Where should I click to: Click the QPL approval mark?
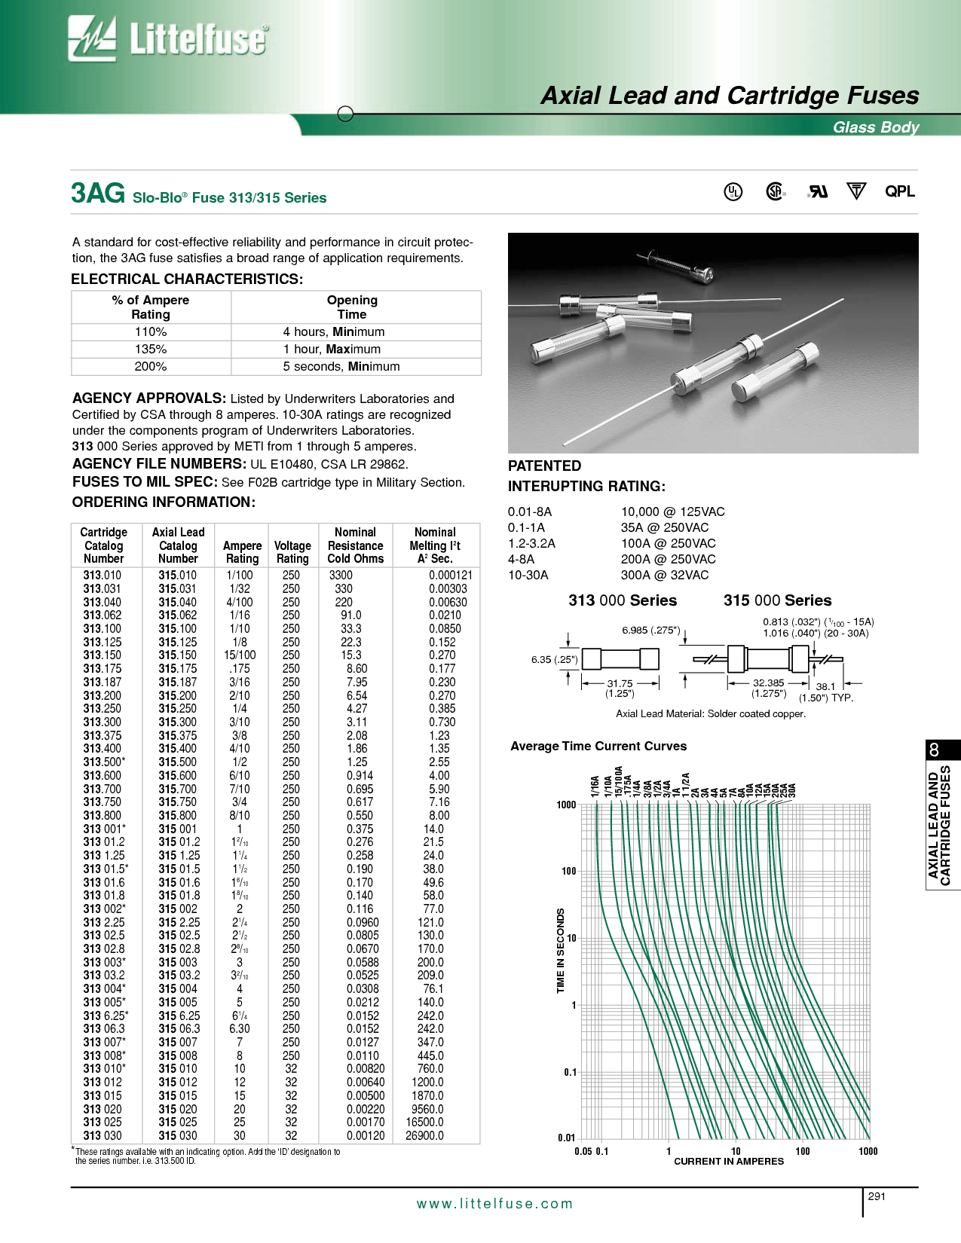click(899, 191)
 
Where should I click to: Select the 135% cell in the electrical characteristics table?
click(151, 350)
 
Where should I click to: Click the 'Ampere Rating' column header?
click(242, 552)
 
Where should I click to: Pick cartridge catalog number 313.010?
click(103, 576)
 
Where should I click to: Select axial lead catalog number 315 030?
click(178, 1136)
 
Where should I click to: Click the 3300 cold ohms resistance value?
click(341, 576)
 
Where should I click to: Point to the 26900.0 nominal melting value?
click(424, 1136)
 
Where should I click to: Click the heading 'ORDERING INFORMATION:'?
click(164, 502)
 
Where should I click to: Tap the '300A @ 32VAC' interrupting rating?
click(664, 576)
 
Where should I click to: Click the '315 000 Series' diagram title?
click(777, 600)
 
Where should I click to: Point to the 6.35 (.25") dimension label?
click(554, 660)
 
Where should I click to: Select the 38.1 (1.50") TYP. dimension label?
click(826, 692)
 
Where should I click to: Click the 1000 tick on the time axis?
click(566, 805)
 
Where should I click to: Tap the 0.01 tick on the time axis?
click(566, 1138)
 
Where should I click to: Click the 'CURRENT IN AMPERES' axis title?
click(728, 1162)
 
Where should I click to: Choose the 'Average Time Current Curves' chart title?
click(598, 747)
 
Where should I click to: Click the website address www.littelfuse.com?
click(494, 1204)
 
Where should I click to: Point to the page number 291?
click(877, 1196)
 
